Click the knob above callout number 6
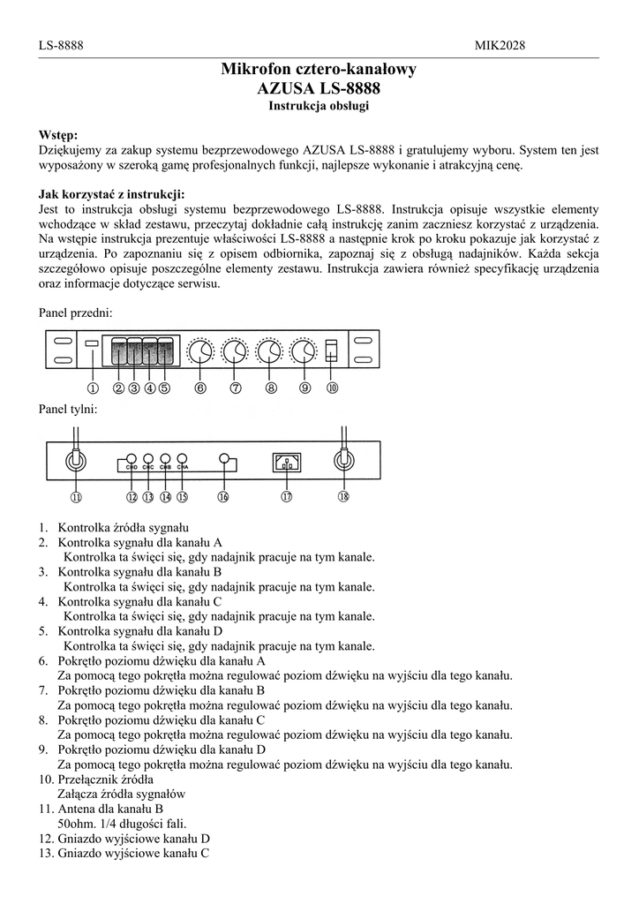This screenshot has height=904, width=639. pyautogui.click(x=200, y=352)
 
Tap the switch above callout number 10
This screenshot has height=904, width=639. pyautogui.click(x=332, y=350)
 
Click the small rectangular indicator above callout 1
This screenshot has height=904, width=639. pyautogui.click(x=92, y=343)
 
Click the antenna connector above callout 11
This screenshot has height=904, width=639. pyautogui.click(x=76, y=460)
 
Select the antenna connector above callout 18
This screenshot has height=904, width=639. pyautogui.click(x=342, y=460)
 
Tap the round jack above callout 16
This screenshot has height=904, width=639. pyautogui.click(x=224, y=459)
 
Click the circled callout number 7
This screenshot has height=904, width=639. pyautogui.click(x=236, y=387)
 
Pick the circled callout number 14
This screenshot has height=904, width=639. pyautogui.click(x=165, y=497)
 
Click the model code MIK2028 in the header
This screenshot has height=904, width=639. pyautogui.click(x=500, y=44)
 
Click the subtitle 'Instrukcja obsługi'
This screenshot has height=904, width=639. pyautogui.click(x=319, y=106)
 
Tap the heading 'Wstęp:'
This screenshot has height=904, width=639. pyautogui.click(x=58, y=135)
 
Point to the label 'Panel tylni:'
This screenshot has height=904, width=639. pyautogui.click(x=68, y=410)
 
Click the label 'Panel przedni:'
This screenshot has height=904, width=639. pyautogui.click(x=75, y=313)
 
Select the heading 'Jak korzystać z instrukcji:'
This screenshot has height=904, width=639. pyautogui.click(x=112, y=195)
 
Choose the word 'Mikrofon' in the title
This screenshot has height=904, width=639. pyautogui.click(x=257, y=69)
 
